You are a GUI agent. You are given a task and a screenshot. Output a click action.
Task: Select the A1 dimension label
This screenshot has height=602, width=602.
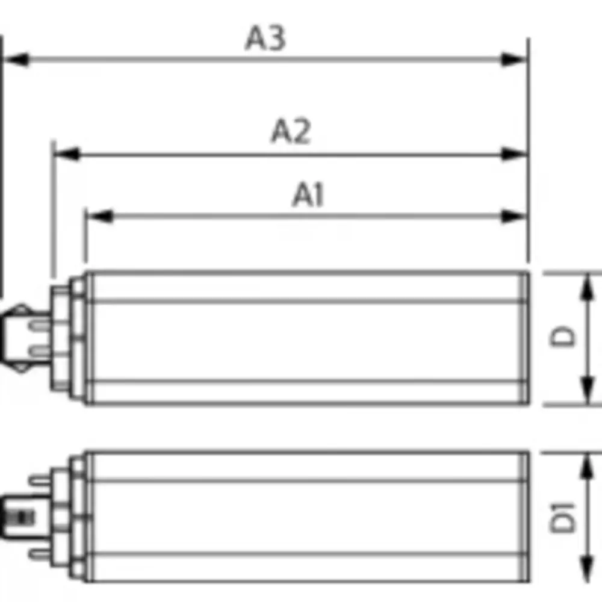pyautogui.click(x=308, y=196)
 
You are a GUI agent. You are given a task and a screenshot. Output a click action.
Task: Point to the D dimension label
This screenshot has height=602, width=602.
pyautogui.click(x=564, y=337)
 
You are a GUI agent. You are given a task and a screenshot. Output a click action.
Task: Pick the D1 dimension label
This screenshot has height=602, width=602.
pyautogui.click(x=564, y=516)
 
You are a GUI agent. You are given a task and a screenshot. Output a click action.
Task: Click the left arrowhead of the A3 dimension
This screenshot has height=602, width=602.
pyautogui.click(x=16, y=60)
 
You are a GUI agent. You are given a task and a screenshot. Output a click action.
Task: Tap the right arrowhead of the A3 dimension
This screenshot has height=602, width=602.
pyautogui.click(x=515, y=60)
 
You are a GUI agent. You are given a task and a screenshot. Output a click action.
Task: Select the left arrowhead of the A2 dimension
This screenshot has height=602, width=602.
pyautogui.click(x=66, y=154)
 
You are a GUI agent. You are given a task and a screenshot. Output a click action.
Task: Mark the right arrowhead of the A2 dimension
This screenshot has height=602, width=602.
pyautogui.click(x=515, y=154)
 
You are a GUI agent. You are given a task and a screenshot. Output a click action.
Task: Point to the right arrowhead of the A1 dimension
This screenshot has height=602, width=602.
pyautogui.click(x=515, y=216)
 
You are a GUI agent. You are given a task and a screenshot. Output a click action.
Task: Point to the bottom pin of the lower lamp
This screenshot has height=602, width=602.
pyautogui.click(x=41, y=553)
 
